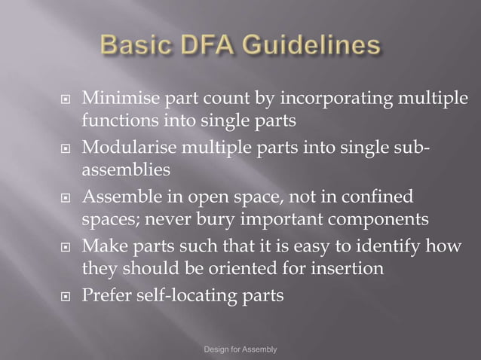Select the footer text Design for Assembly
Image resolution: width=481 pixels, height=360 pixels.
click(x=240, y=350)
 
